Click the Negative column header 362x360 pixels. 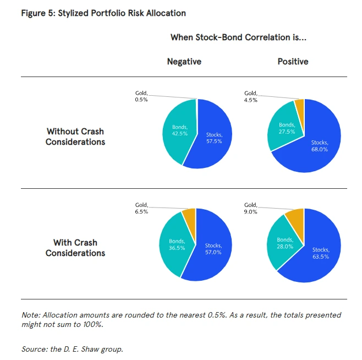pos(184,62)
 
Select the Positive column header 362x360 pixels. pos(293,62)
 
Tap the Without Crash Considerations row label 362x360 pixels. pos(75,137)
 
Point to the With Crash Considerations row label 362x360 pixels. pos(75,248)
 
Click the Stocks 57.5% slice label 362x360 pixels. pos(215,138)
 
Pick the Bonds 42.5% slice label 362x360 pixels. pos(173,131)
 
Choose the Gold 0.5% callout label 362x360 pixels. pos(141,97)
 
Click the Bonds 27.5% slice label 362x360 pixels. pos(286,128)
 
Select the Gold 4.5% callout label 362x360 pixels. pos(250,97)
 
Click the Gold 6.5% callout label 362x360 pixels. pos(141,208)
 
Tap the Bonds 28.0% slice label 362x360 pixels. pos(285,243)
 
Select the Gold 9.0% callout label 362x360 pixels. pos(250,208)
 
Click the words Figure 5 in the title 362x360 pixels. pos(37,13)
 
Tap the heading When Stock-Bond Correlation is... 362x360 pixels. pos(238,37)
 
